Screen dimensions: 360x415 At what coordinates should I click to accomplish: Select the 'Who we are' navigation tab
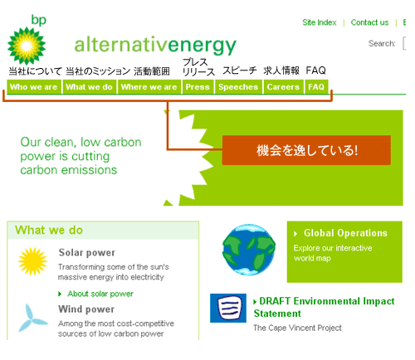coord(33,87)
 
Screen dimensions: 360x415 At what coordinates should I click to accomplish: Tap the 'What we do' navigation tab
coord(89,87)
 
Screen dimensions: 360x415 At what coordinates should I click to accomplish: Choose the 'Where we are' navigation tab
coord(149,87)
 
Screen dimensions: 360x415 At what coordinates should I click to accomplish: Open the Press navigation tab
coord(198,87)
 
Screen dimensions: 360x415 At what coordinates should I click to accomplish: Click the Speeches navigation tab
coord(238,87)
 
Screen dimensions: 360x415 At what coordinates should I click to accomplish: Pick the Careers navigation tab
coord(283,87)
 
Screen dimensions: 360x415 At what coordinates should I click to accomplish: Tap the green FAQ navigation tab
coord(316,87)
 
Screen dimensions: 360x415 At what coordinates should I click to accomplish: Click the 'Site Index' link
coord(320,22)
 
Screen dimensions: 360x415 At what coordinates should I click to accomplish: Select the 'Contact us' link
coord(369,22)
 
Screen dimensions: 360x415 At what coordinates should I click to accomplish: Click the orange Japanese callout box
coord(306,150)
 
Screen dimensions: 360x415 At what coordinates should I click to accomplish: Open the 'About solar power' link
coord(100,294)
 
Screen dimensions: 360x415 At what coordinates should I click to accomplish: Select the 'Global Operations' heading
coord(345,233)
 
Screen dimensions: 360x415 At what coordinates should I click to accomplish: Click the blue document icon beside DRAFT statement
coord(228,308)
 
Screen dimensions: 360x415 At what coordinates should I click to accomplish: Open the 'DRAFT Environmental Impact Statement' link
coord(325,307)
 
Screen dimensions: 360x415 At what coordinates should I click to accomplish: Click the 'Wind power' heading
coord(86,309)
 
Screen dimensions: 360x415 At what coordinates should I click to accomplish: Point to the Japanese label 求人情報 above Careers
coord(281,71)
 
